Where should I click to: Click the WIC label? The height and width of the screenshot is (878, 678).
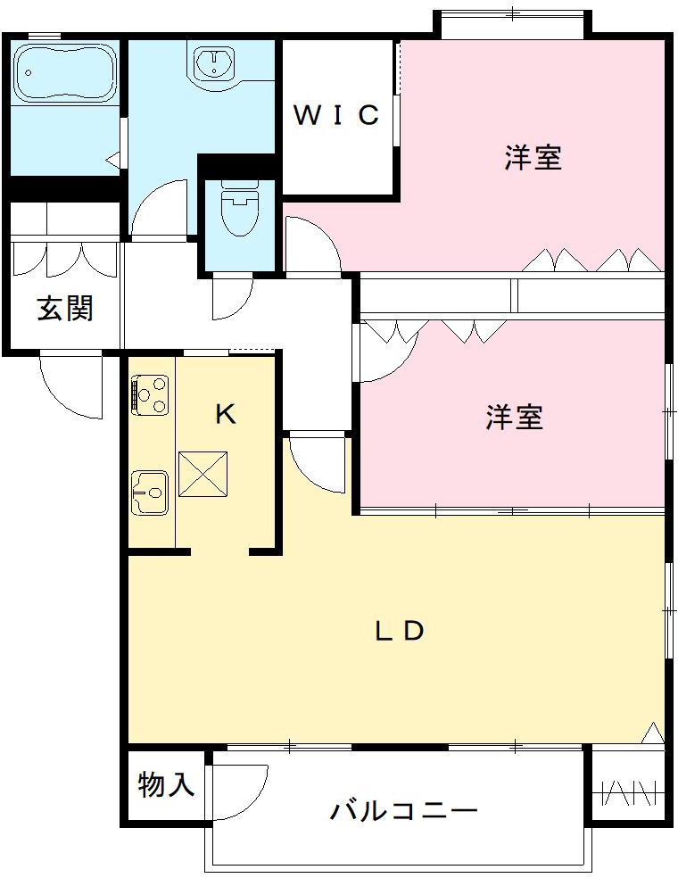pos(337,115)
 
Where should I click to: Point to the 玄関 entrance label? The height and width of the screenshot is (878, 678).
pos(64,309)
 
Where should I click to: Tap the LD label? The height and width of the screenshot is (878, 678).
pos(398,631)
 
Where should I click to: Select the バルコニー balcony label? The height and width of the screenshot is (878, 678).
pos(404,811)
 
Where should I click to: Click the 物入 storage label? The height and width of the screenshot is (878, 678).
pos(166,785)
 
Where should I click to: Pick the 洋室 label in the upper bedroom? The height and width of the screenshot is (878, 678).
pos(533,158)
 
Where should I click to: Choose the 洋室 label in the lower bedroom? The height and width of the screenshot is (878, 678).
pos(515,417)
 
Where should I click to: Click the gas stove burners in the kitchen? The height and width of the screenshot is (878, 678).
pos(150,395)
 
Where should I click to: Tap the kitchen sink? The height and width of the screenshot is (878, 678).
pos(149,490)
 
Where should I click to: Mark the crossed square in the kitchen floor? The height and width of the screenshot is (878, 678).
pos(203,474)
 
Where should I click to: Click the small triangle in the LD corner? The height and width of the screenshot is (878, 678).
pos(654,733)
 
